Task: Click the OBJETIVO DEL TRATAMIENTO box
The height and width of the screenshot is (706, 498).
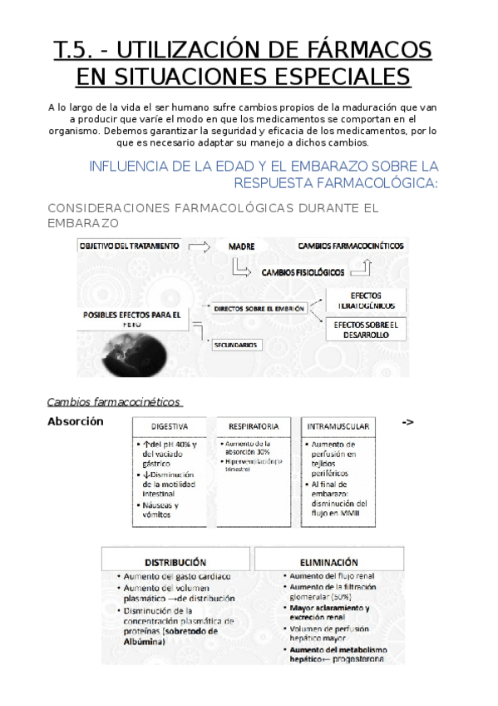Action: tap(129, 246)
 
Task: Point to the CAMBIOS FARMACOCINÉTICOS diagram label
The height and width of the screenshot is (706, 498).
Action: tap(351, 246)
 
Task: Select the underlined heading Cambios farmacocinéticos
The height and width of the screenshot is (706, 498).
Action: tap(113, 402)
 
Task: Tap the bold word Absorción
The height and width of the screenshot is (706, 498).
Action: tap(75, 421)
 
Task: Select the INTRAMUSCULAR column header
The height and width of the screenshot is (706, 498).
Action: tap(338, 426)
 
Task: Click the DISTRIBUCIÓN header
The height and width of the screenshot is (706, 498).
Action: tap(175, 562)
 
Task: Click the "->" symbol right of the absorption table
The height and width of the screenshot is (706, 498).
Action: tap(407, 422)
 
